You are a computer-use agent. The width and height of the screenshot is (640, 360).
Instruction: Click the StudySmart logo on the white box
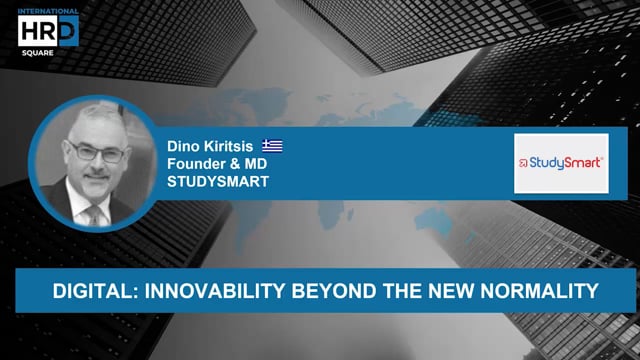tap(561, 162)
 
